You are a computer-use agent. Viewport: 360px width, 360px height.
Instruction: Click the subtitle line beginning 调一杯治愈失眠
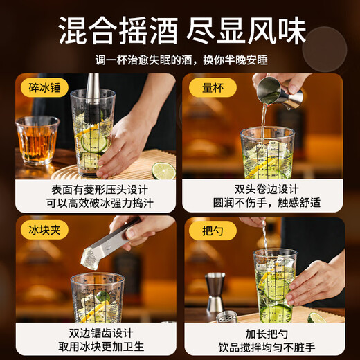tap(179, 60)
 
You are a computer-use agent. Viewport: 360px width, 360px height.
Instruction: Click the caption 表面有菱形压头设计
tap(96, 189)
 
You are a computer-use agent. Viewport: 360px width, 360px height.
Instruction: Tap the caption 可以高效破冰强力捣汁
tap(96, 203)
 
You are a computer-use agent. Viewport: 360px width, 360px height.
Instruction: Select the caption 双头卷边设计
tap(264, 189)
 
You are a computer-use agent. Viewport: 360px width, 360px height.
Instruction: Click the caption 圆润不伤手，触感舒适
tap(264, 203)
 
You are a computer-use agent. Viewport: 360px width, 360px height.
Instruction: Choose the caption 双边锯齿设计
tap(96, 332)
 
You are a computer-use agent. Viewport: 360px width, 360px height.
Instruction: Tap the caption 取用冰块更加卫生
tap(96, 345)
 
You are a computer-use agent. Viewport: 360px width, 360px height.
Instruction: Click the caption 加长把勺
tap(264, 332)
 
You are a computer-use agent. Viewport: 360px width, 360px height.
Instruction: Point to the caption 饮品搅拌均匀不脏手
tap(264, 345)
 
